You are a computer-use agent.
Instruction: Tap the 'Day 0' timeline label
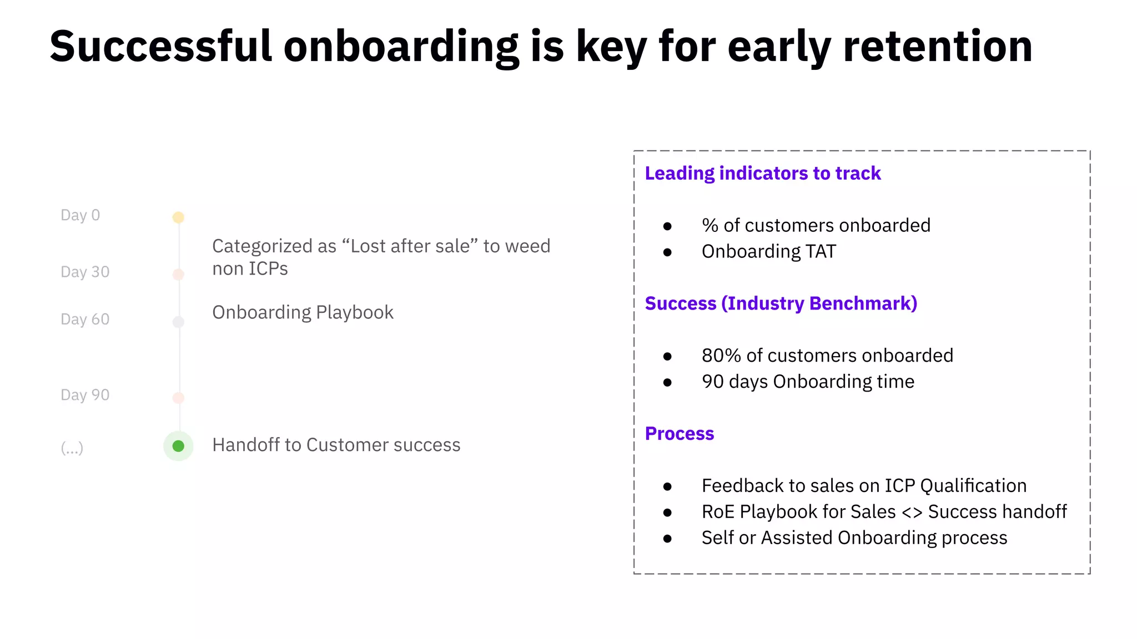(x=80, y=215)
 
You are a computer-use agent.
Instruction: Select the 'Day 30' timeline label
(x=85, y=272)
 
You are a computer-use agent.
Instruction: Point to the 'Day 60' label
(x=85, y=319)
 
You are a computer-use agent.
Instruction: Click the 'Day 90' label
(x=85, y=395)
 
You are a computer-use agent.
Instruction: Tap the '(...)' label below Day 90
(x=72, y=447)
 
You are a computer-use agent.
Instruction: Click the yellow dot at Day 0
(x=178, y=217)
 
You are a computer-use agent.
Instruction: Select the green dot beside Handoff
(x=178, y=446)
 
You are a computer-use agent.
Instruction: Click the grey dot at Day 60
(x=178, y=322)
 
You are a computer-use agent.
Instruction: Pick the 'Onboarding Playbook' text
(x=303, y=312)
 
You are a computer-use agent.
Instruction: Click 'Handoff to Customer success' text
(x=336, y=445)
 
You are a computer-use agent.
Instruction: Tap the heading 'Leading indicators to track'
(x=762, y=174)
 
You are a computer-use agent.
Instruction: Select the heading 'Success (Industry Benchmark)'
(x=781, y=303)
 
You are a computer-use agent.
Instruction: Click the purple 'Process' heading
(x=679, y=434)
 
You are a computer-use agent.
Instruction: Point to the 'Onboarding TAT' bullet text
(x=768, y=252)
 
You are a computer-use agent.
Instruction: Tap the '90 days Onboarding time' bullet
(x=807, y=382)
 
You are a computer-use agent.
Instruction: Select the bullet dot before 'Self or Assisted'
(x=667, y=539)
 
